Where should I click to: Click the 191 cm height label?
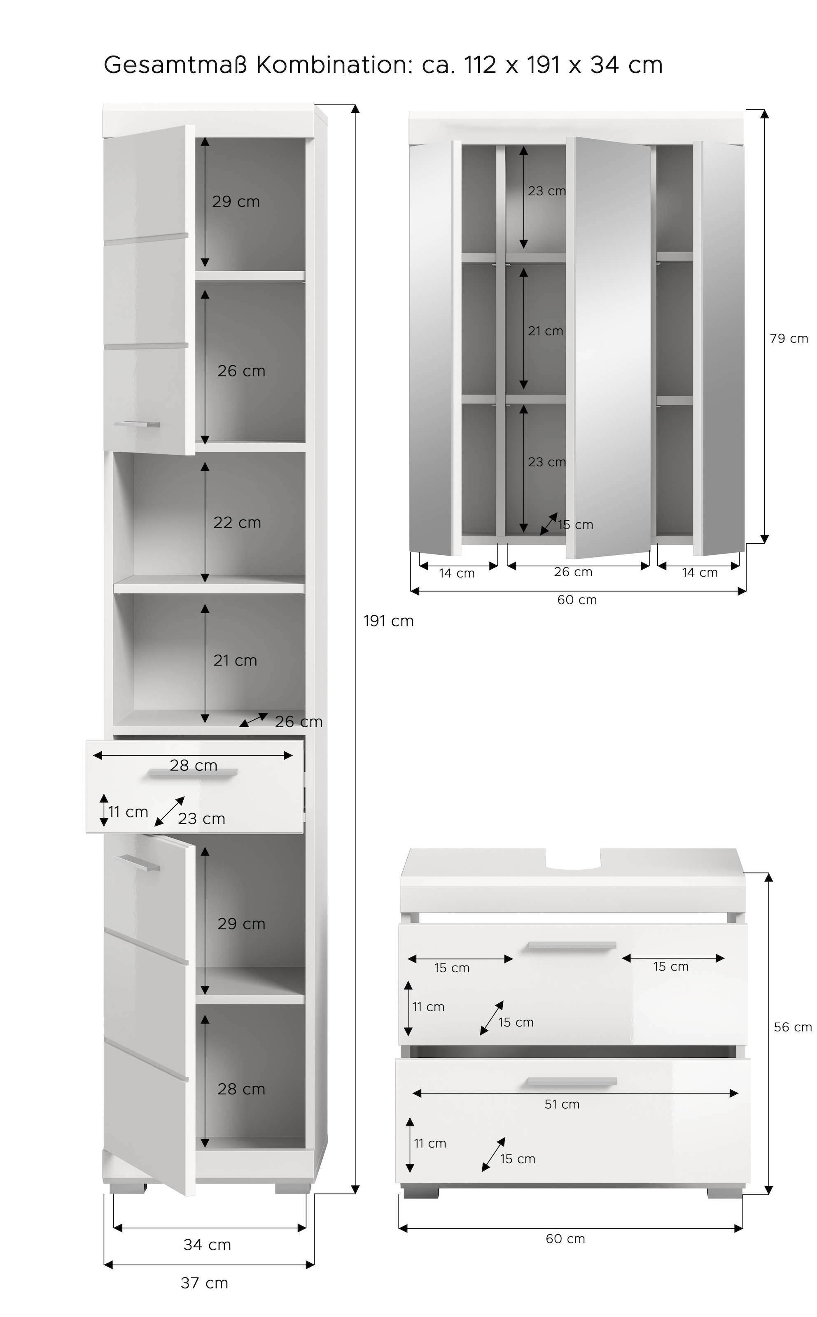pos(388,621)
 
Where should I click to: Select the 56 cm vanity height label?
pos(793,1027)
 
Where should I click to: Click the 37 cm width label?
pos(204,1283)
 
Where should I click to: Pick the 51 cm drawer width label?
pos(562,1104)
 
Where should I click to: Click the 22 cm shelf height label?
pos(237,523)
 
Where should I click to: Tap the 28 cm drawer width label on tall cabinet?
pos(194,765)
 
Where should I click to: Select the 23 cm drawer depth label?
pos(201,819)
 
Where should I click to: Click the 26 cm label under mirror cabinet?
pos(573,572)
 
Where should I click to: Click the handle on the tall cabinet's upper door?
pos(137,424)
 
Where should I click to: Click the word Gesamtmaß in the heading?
pos(175,65)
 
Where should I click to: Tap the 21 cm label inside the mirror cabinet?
pos(545,331)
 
